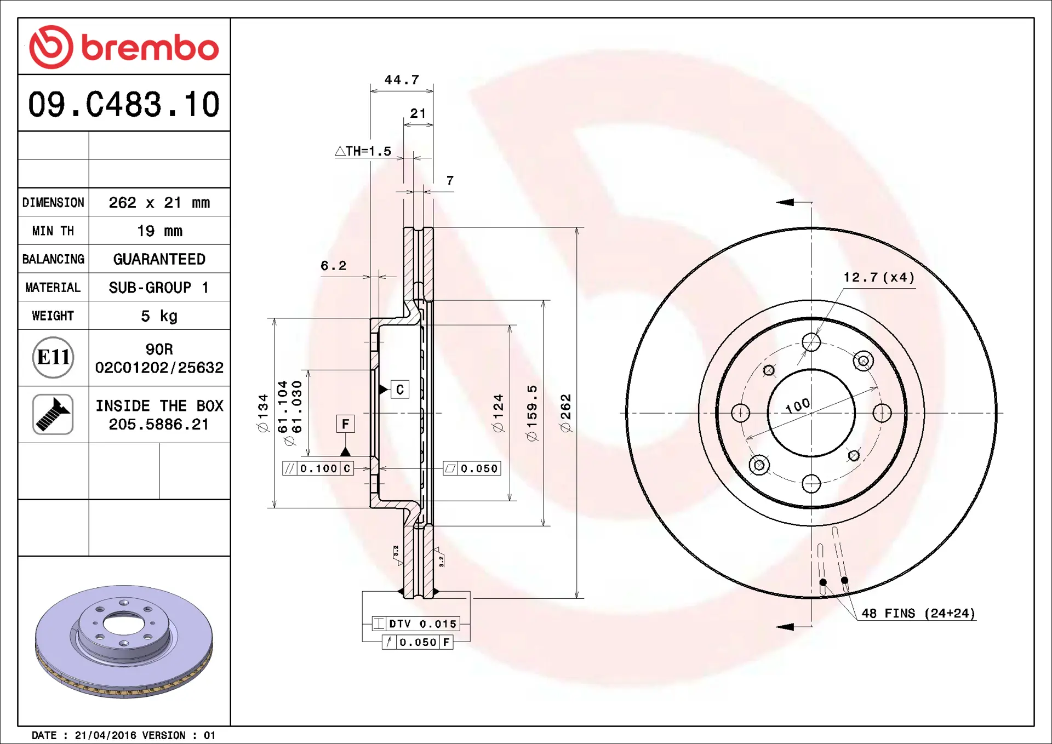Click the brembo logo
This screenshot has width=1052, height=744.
pyautogui.click(x=124, y=47)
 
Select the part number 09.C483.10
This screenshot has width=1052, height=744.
pyautogui.click(x=124, y=104)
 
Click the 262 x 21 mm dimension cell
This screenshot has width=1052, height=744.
pyautogui.click(x=159, y=203)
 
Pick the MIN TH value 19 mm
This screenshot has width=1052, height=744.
pyautogui.click(x=159, y=231)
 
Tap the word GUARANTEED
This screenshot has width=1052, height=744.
pyautogui.click(x=159, y=259)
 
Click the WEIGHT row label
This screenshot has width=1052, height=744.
pyautogui.click(x=53, y=316)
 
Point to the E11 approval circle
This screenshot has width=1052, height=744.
pyautogui.click(x=53, y=358)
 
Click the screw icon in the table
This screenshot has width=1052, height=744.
pyautogui.click(x=53, y=415)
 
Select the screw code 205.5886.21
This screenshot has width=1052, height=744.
pyautogui.click(x=159, y=425)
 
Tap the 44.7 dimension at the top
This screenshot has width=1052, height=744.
pyautogui.click(x=402, y=80)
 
